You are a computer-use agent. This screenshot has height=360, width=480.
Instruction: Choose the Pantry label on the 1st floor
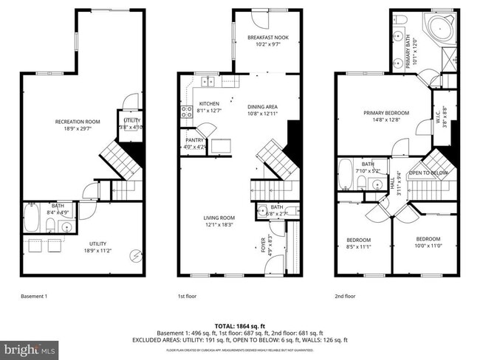pyautogui.click(x=195, y=142)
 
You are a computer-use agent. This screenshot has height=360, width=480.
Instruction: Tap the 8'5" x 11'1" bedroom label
pyautogui.click(x=359, y=243)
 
